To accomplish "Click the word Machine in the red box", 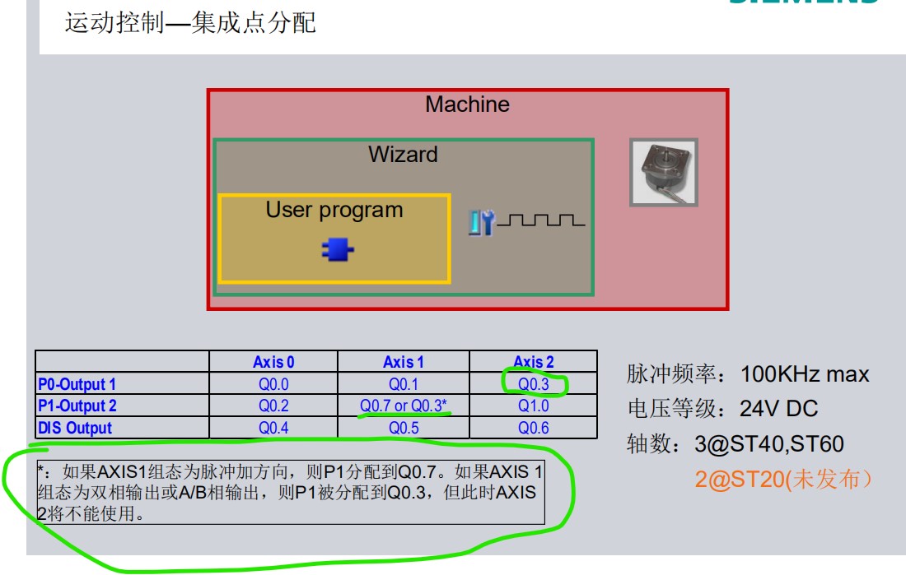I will pos(467,104).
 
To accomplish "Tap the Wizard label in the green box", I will pos(403,155).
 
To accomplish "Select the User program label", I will pos(334,210).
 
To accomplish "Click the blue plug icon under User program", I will pos(334,250).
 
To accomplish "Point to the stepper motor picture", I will pos(664,171).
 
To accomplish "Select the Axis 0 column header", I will pos(273,362).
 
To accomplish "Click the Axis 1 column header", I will pos(404,362).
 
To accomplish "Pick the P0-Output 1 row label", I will pos(77,384).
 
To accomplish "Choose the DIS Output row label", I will pos(75,428).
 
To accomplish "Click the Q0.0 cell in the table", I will pos(273,384).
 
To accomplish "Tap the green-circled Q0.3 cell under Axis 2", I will pos(534,384).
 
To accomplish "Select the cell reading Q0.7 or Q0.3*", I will pos(404,406).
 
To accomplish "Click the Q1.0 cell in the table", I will pos(534,406).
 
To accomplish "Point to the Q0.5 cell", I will pos(404,428).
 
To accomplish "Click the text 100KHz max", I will pos(804,374).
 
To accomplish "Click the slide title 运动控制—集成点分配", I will pos(190,22).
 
